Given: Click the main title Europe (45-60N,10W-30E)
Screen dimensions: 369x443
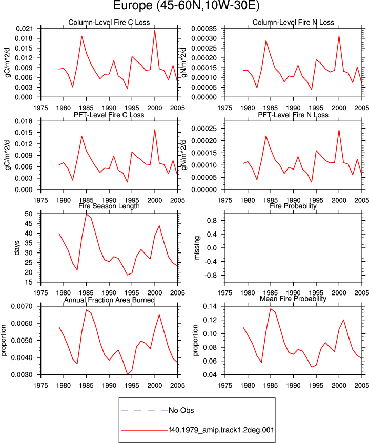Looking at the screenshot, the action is click(x=186, y=5).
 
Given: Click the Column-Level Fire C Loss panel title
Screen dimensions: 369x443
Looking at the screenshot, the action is click(x=109, y=23).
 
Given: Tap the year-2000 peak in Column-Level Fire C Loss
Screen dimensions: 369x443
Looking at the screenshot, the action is click(x=155, y=30).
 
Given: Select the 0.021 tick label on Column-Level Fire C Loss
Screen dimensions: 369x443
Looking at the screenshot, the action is click(x=24, y=29).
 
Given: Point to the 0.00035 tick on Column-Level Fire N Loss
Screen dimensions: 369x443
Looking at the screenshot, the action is click(x=204, y=29).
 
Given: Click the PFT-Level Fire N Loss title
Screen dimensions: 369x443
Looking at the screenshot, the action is click(x=293, y=115).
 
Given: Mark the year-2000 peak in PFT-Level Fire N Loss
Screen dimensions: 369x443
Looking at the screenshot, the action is click(x=339, y=130).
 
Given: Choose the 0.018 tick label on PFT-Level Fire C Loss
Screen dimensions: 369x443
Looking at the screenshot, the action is click(x=24, y=121).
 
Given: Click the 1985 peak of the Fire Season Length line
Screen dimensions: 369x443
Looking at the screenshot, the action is click(x=86, y=214).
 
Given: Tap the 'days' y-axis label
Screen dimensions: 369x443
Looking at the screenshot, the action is click(x=17, y=248).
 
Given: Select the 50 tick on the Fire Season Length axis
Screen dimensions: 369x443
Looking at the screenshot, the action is click(x=28, y=214).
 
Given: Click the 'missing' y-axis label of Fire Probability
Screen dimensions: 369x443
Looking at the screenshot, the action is click(x=197, y=248).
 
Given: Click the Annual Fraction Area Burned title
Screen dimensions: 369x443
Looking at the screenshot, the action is click(x=109, y=300).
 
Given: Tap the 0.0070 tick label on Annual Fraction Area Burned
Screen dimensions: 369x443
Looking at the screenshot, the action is click(x=22, y=306).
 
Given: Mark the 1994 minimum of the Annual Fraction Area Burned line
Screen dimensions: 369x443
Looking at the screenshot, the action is click(x=128, y=374).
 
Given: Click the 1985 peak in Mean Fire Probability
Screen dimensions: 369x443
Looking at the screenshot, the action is click(x=270, y=309).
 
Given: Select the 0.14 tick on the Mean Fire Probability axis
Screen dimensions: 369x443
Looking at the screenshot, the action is click(x=210, y=306).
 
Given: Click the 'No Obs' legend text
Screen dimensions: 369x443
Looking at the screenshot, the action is click(x=181, y=410).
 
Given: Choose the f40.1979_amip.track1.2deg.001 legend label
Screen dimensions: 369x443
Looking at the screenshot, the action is click(x=221, y=430).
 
